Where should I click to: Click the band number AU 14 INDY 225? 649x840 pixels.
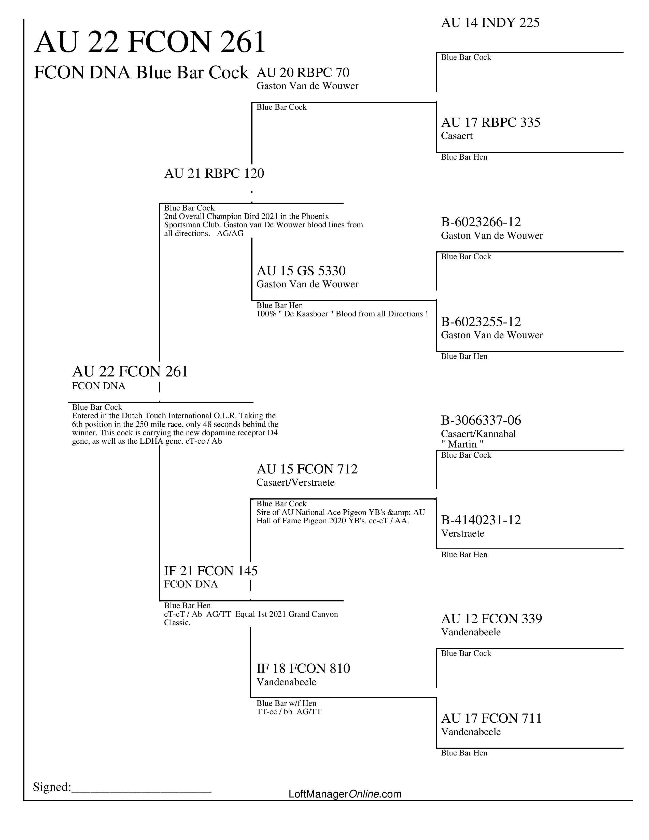[490, 23]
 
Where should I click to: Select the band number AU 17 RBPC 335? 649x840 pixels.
[491, 123]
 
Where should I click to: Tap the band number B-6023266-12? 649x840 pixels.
[481, 222]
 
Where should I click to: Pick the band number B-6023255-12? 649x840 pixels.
[481, 322]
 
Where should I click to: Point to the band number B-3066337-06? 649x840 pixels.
[481, 421]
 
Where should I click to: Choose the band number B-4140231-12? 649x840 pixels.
[481, 520]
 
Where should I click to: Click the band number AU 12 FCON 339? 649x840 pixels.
[491, 619]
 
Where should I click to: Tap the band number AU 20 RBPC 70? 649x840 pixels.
[303, 73]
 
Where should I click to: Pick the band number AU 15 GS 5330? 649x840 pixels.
[301, 271]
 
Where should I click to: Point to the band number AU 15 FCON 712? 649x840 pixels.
[307, 469]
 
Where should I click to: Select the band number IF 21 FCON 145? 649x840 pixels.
[211, 571]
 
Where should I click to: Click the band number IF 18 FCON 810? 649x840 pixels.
[303, 668]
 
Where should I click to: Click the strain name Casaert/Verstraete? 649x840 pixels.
[295, 482]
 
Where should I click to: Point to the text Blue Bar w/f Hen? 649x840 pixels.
[286, 703]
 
